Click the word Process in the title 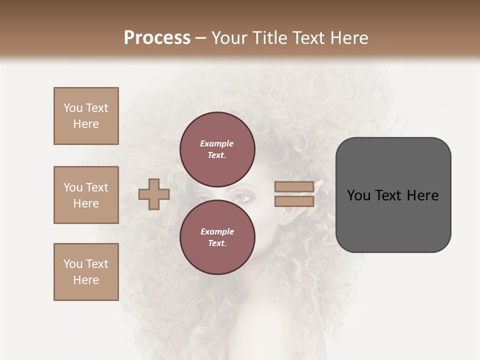click(157, 38)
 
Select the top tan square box click(86, 116)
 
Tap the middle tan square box click(86, 195)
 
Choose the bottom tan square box click(86, 272)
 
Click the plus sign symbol click(154, 194)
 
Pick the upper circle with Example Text click(217, 149)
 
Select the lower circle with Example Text click(217, 237)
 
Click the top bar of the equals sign click(294, 187)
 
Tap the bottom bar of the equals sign click(294, 201)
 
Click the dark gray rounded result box click(393, 195)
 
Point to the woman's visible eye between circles click(241, 198)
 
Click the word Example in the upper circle click(217, 143)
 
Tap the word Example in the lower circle click(217, 231)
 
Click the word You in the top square click(73, 108)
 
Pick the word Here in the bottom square click(86, 280)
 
